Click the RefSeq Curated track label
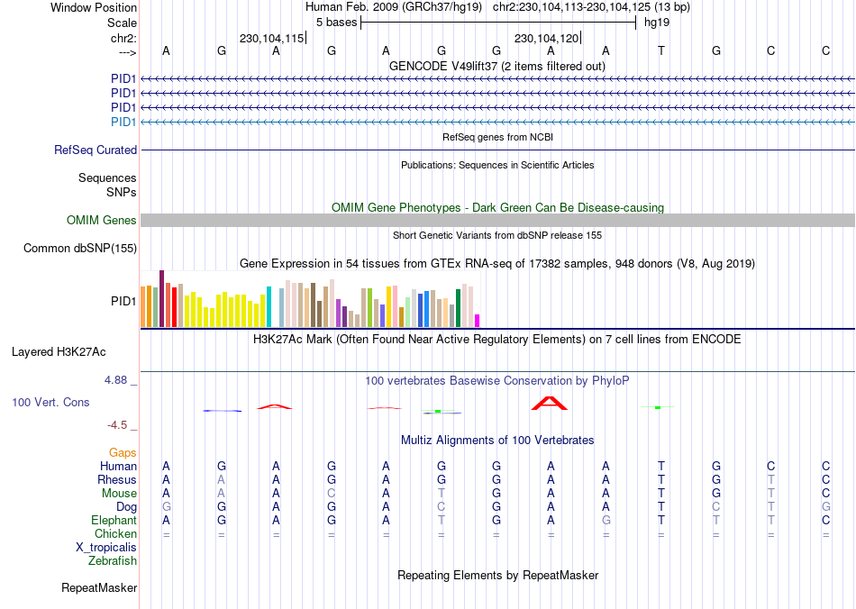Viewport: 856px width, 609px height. click(96, 150)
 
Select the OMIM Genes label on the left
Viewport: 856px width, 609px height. click(102, 221)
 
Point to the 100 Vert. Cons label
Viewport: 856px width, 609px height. click(50, 402)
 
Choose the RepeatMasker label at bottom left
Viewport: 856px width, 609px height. click(99, 588)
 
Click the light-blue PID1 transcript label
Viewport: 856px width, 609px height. click(123, 123)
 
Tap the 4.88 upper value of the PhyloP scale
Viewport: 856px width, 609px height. click(116, 380)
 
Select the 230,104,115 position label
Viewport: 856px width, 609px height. click(271, 39)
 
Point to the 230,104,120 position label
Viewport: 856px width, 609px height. click(546, 39)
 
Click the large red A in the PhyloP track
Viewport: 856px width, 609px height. click(550, 403)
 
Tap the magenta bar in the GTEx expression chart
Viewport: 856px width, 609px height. click(478, 321)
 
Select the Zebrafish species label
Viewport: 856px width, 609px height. click(113, 561)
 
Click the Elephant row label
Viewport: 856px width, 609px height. click(114, 521)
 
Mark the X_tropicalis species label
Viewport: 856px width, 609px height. click(106, 548)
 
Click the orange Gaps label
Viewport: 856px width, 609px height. click(123, 452)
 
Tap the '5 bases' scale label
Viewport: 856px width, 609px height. click(336, 22)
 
